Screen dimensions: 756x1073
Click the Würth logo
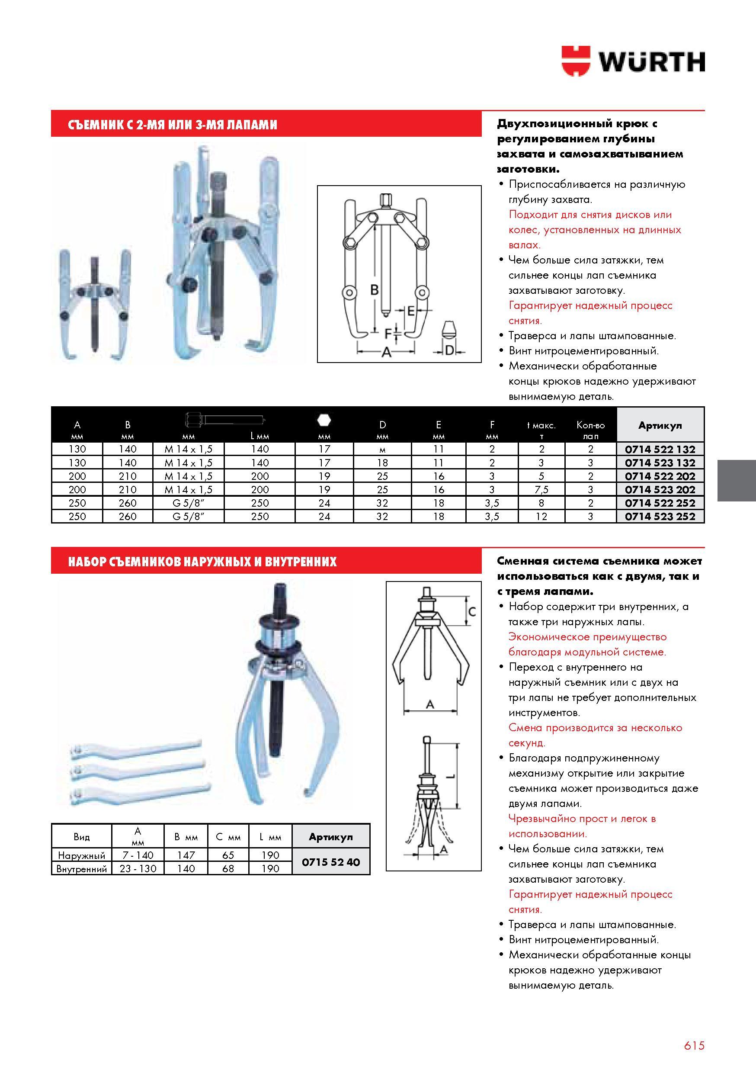[633, 61]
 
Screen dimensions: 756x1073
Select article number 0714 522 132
[660, 450]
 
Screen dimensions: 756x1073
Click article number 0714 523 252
[660, 517]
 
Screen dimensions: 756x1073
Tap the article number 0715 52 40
[331, 862]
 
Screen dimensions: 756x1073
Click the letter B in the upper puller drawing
[374, 290]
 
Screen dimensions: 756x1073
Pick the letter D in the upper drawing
[449, 350]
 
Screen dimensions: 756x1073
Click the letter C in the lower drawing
[472, 611]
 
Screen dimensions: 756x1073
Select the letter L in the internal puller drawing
[449, 776]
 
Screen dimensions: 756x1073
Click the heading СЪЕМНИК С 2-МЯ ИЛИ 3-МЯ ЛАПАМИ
[173, 125]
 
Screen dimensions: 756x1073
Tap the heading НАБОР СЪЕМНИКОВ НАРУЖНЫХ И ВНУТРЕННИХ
[202, 561]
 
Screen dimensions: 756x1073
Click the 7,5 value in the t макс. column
[541, 490]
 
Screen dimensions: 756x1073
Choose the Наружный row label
[81, 856]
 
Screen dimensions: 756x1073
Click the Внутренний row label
[81, 869]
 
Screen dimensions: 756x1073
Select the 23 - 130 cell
[138, 869]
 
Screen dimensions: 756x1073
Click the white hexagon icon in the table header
[324, 421]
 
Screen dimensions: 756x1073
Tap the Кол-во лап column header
[591, 430]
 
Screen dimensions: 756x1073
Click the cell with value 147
[186, 855]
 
